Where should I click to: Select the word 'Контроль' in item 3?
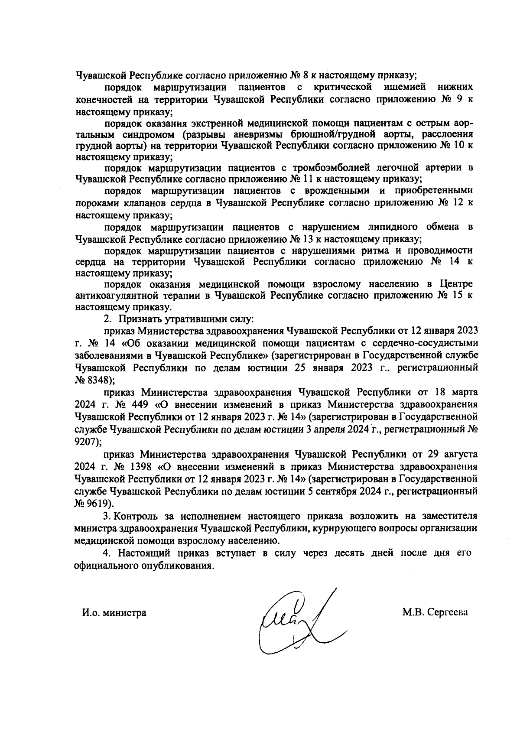click(x=137, y=516)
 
